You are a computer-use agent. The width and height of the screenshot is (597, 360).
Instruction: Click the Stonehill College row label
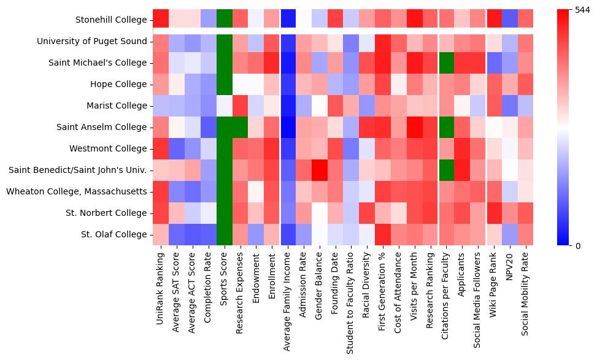click(111, 20)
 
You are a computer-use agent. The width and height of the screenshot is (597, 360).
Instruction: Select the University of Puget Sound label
click(92, 41)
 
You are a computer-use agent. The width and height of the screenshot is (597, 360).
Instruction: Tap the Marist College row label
click(115, 105)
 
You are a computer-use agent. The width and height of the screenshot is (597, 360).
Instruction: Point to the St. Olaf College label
click(114, 234)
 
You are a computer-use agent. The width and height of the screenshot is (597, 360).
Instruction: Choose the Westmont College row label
click(109, 148)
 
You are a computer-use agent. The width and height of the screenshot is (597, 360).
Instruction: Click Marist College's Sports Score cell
click(225, 105)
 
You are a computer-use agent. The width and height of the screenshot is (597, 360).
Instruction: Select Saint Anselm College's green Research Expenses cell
click(241, 127)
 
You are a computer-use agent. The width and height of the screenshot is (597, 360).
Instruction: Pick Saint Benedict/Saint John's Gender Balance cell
click(318, 170)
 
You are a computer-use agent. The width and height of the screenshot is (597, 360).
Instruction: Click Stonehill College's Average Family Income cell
click(288, 20)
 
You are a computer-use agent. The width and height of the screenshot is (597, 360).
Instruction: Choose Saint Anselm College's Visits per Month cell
click(414, 127)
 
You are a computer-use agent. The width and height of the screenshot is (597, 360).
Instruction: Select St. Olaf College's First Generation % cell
click(382, 234)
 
